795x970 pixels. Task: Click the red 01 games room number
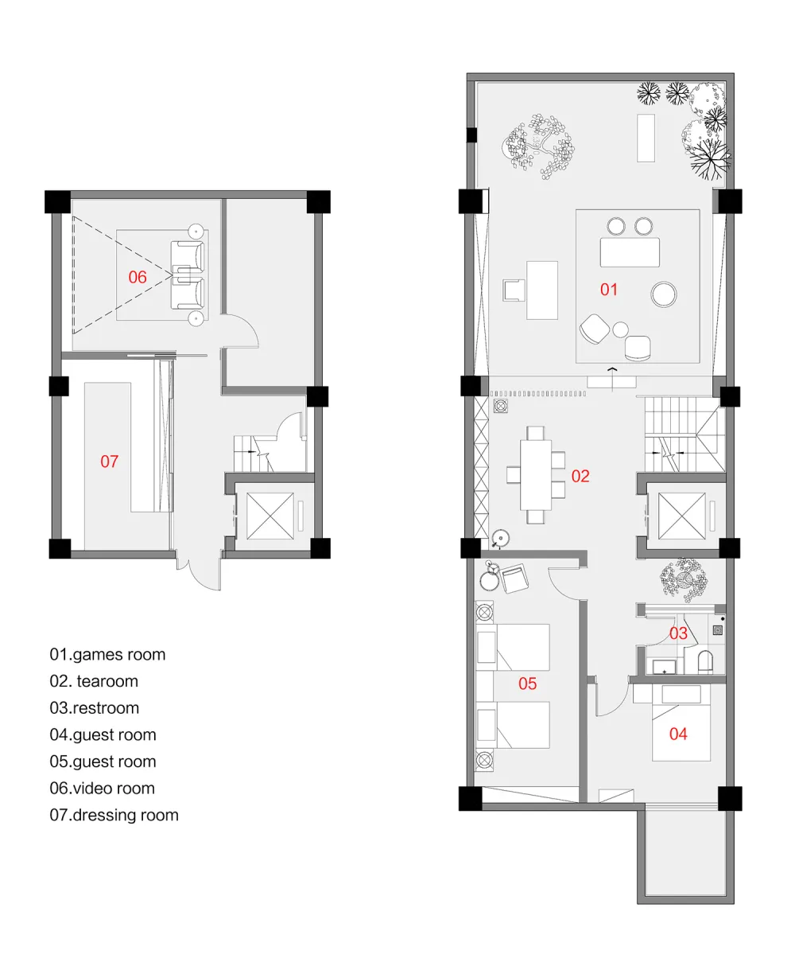(x=608, y=290)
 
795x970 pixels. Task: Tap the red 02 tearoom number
(x=580, y=476)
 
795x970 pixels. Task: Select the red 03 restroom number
(x=678, y=633)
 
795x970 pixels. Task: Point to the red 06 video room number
(x=138, y=277)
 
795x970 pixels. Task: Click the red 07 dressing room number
(x=110, y=462)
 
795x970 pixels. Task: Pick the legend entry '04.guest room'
(x=103, y=735)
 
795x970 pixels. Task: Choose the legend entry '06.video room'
(x=102, y=789)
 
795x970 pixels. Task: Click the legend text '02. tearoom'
(x=94, y=681)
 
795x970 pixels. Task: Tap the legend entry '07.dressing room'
(x=114, y=815)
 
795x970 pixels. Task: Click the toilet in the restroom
(x=705, y=662)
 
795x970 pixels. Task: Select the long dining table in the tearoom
(x=535, y=474)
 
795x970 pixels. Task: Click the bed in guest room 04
(x=681, y=723)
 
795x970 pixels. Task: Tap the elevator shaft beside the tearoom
(x=681, y=516)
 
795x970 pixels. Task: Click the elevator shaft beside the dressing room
(x=270, y=516)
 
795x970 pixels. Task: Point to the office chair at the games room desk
(x=514, y=290)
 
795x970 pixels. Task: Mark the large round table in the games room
(x=664, y=294)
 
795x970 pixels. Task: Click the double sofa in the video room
(x=188, y=275)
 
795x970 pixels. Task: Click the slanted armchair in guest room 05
(x=514, y=578)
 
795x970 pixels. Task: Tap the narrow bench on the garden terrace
(x=646, y=138)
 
